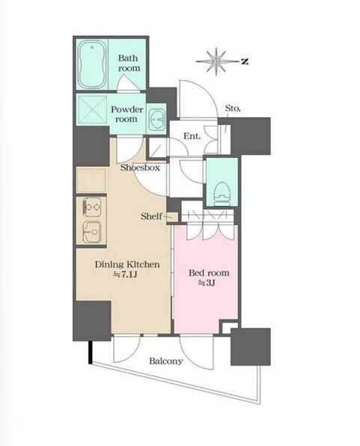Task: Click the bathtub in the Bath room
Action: click(x=92, y=64)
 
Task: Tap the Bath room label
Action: click(x=129, y=63)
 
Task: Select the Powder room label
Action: click(x=127, y=114)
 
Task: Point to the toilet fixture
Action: click(x=222, y=193)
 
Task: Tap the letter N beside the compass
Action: click(x=245, y=61)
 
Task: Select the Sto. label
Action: click(x=233, y=109)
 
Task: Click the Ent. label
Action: click(x=192, y=136)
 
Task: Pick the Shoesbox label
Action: click(x=140, y=168)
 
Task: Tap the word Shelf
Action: click(x=151, y=216)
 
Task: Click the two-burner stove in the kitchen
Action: click(x=91, y=207)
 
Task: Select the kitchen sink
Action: click(x=91, y=232)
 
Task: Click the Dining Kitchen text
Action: click(x=127, y=265)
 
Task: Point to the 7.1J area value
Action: click(x=125, y=275)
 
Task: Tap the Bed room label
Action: click(x=209, y=273)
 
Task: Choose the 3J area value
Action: click(x=207, y=284)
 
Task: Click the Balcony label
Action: click(x=166, y=361)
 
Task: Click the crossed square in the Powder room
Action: click(x=92, y=109)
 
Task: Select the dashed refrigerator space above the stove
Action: click(x=91, y=180)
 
